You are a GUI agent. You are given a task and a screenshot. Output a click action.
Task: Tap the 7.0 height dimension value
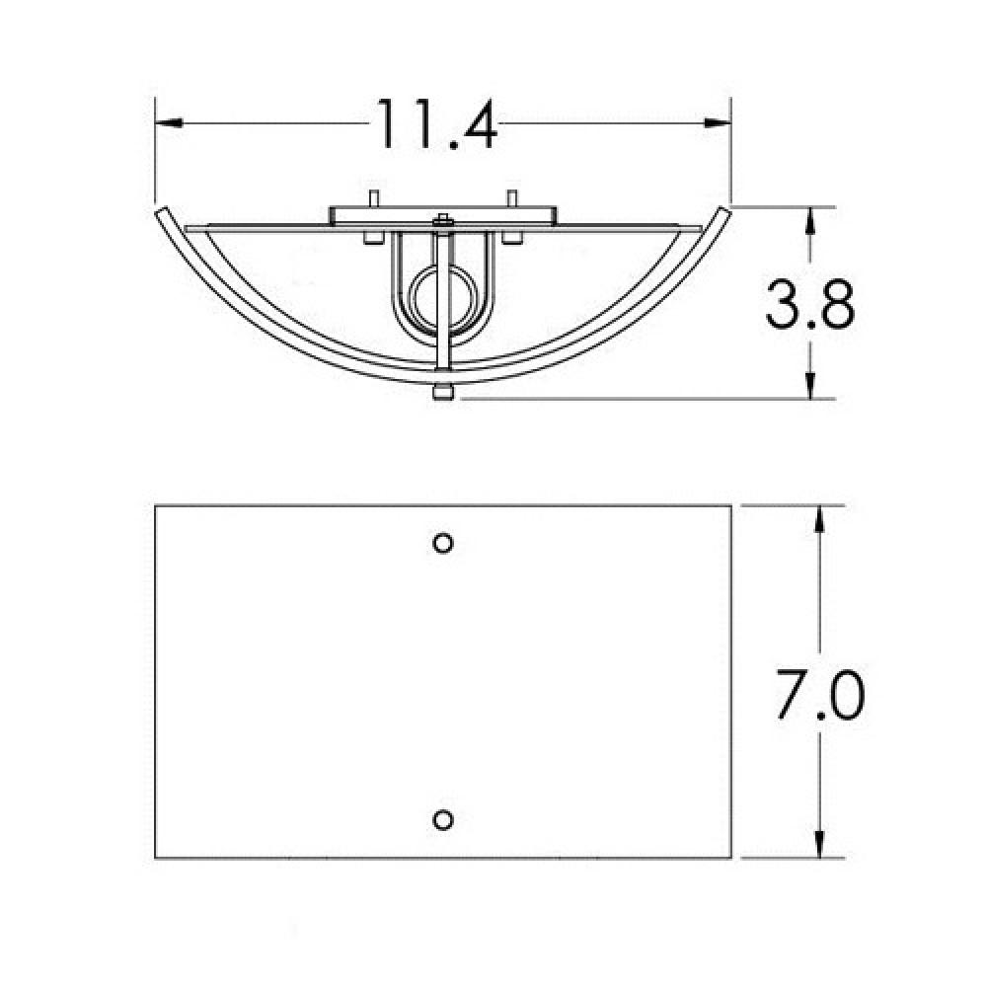tap(818, 697)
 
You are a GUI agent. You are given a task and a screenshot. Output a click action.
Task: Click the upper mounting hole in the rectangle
tap(444, 543)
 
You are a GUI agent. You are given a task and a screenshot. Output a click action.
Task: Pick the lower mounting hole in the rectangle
tap(444, 819)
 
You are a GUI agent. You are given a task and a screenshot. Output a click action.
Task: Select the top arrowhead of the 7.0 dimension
tap(819, 519)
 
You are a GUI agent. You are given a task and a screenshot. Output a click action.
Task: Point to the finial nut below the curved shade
tap(442, 394)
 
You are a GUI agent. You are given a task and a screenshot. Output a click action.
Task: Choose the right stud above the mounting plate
tap(512, 197)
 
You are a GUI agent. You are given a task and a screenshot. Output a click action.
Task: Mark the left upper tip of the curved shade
tap(162, 212)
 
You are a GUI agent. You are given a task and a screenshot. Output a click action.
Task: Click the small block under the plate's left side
tap(373, 238)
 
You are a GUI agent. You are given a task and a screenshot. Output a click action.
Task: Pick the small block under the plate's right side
tap(512, 238)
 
